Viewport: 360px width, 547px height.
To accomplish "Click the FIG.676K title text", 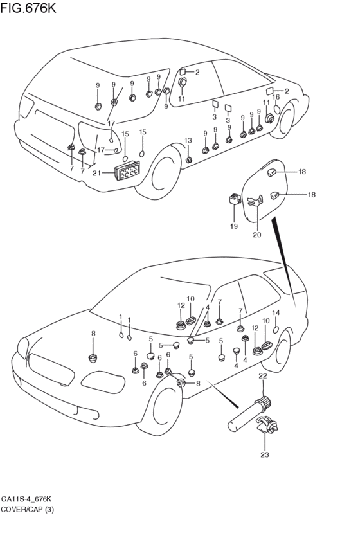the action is point(28,8).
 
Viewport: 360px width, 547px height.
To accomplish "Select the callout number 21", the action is point(96,173).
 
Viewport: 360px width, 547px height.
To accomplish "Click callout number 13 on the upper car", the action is point(188,141).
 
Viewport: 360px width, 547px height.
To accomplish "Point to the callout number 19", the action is point(234,226).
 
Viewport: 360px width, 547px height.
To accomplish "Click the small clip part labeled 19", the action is point(235,199).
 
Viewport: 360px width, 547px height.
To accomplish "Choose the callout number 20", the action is point(256,235).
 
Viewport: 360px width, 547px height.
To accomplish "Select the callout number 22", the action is point(263,376).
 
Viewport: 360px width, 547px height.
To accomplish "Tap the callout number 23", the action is point(265,454).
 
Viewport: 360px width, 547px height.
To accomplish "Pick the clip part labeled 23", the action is point(267,426).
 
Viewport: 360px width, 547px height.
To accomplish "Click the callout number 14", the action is point(276,312).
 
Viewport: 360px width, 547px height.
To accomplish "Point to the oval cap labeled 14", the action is point(276,329).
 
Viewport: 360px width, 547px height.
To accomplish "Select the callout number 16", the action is point(276,97).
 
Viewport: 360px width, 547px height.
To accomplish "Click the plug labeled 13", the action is point(189,160).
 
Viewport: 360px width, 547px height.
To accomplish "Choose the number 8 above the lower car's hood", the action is point(93,334).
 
